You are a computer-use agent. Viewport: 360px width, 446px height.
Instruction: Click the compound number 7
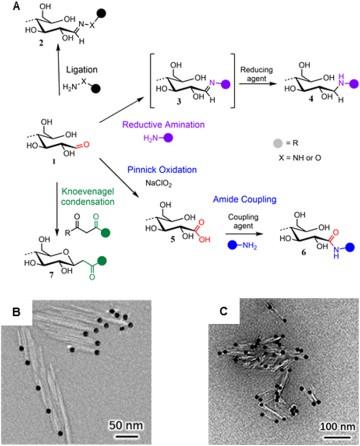(x=43, y=271)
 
